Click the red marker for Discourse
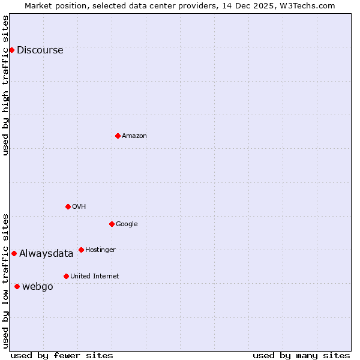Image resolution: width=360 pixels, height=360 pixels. pyautogui.click(x=11, y=50)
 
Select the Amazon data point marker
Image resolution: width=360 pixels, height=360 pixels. pyautogui.click(x=118, y=136)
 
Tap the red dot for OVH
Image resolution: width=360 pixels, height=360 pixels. pyautogui.click(x=68, y=206)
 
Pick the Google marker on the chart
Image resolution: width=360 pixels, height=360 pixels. pyautogui.click(x=112, y=224)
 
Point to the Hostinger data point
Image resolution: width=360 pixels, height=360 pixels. pyautogui.click(x=81, y=250)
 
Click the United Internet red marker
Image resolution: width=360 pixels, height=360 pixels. pyautogui.click(x=66, y=276)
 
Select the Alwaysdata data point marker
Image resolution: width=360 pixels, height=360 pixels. pyautogui.click(x=14, y=253)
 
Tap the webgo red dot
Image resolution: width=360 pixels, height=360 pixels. pyautogui.click(x=17, y=286)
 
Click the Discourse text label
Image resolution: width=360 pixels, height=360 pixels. pyautogui.click(x=40, y=50)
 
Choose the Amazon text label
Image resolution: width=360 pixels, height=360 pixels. pyautogui.click(x=134, y=136)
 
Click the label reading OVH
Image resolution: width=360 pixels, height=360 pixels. pyautogui.click(x=79, y=207)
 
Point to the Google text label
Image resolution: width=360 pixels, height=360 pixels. pyautogui.click(x=127, y=224)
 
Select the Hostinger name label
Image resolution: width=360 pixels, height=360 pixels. pyautogui.click(x=100, y=250)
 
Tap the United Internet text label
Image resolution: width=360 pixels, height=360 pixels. pyautogui.click(x=94, y=277)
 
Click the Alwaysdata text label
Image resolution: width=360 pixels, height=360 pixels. pyautogui.click(x=46, y=254)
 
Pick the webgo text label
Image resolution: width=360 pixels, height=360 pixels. pyautogui.click(x=38, y=287)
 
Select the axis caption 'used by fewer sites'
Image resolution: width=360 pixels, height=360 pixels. pyautogui.click(x=62, y=355)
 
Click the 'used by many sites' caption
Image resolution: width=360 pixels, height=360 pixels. pyautogui.click(x=301, y=355)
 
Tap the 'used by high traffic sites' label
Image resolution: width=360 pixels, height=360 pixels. pyautogui.click(x=6, y=85)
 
